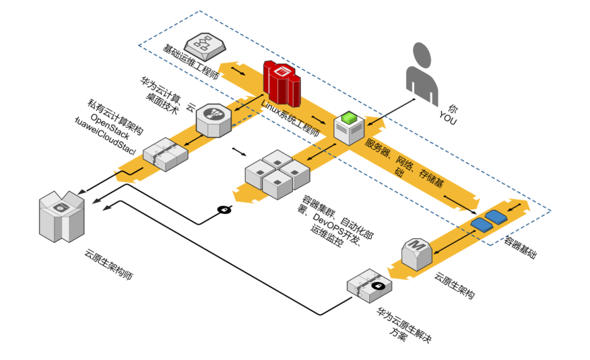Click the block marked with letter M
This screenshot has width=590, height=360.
click(x=417, y=253)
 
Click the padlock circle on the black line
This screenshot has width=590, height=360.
click(x=224, y=209)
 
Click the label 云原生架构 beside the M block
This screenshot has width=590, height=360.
click(x=454, y=285)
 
